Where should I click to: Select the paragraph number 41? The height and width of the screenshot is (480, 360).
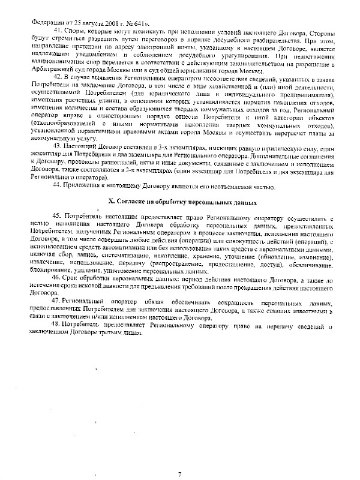(x=57, y=30)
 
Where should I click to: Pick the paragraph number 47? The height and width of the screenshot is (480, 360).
(x=57, y=299)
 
